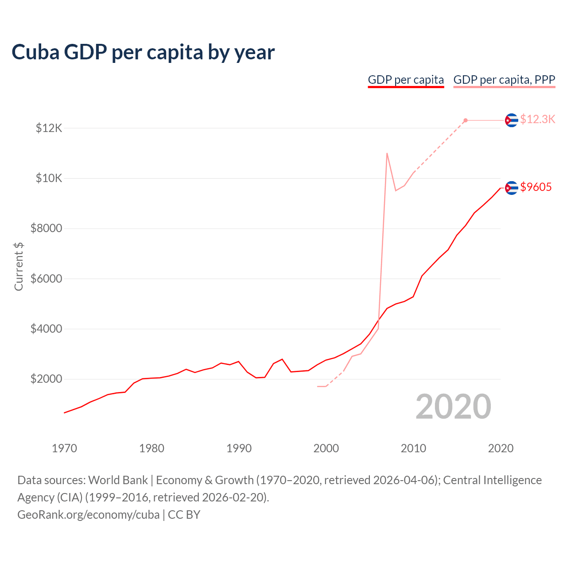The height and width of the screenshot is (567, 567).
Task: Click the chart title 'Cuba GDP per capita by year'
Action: pyautogui.click(x=143, y=52)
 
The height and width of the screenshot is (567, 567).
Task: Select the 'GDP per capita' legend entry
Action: pyautogui.click(x=406, y=80)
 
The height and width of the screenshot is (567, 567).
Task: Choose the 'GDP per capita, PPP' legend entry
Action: pyautogui.click(x=504, y=80)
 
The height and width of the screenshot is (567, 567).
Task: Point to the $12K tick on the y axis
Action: pyautogui.click(x=49, y=128)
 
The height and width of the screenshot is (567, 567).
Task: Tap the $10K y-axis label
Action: pyautogui.click(x=49, y=179)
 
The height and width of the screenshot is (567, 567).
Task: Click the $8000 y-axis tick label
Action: pyautogui.click(x=46, y=229)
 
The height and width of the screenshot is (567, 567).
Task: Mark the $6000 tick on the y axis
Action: pyautogui.click(x=46, y=279)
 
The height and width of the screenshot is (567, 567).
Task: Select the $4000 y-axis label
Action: pyautogui.click(x=46, y=329)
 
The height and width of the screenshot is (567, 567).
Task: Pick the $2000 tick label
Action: pyautogui.click(x=46, y=379)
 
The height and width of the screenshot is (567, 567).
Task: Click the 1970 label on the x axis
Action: pyautogui.click(x=65, y=448)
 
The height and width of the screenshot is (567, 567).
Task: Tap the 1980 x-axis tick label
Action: pyautogui.click(x=151, y=448)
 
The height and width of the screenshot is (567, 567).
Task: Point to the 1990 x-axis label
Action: pyautogui.click(x=239, y=448)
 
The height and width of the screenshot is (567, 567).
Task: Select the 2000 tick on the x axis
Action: pyautogui.click(x=326, y=448)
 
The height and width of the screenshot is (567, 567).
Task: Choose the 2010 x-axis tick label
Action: pyautogui.click(x=413, y=448)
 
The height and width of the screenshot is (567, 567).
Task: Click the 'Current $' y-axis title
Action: pyautogui.click(x=19, y=267)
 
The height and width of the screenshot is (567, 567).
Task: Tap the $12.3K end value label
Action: pyautogui.click(x=537, y=120)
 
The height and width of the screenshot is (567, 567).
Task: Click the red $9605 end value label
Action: pyautogui.click(x=536, y=187)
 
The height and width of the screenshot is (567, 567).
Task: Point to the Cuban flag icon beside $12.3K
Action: pyautogui.click(x=512, y=120)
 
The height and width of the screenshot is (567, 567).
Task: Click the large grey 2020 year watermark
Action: pyautogui.click(x=453, y=407)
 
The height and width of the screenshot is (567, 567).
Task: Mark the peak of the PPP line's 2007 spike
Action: pyautogui.click(x=387, y=153)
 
